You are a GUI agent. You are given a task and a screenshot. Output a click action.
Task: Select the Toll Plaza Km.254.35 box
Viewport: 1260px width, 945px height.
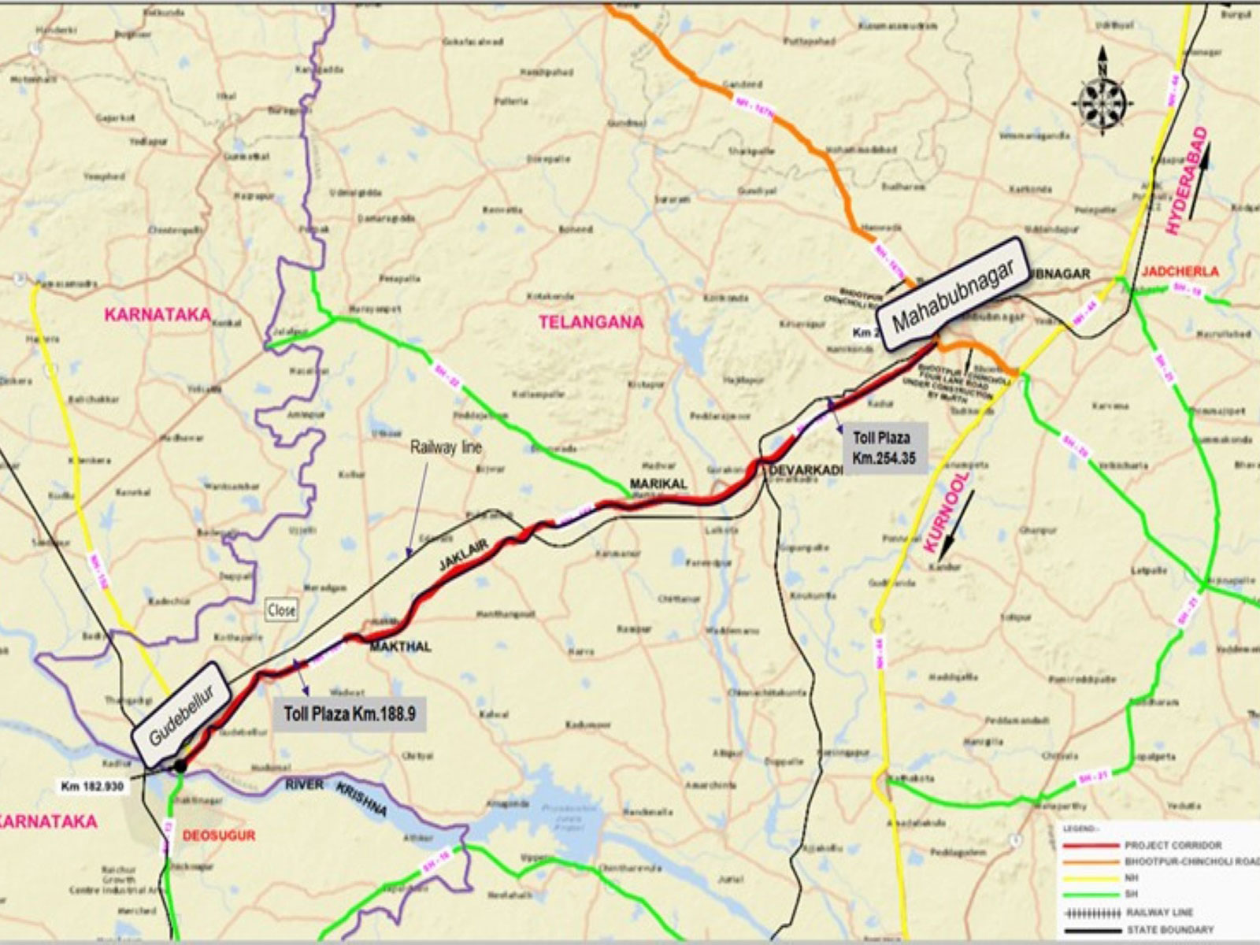884,447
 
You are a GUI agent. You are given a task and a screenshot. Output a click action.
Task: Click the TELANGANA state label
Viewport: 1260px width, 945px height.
591,321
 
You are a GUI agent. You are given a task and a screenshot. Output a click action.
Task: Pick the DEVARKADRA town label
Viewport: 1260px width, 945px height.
806,470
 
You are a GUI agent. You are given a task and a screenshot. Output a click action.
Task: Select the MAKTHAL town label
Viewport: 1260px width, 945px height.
401,647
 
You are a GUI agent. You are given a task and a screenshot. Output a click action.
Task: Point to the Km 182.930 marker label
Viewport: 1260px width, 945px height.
94,786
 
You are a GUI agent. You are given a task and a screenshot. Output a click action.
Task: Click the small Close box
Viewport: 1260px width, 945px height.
281,610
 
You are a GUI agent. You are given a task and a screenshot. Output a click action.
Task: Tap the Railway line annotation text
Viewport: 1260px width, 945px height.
446,447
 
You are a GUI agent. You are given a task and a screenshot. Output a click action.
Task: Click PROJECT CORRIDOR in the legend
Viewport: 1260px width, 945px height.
1173,845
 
